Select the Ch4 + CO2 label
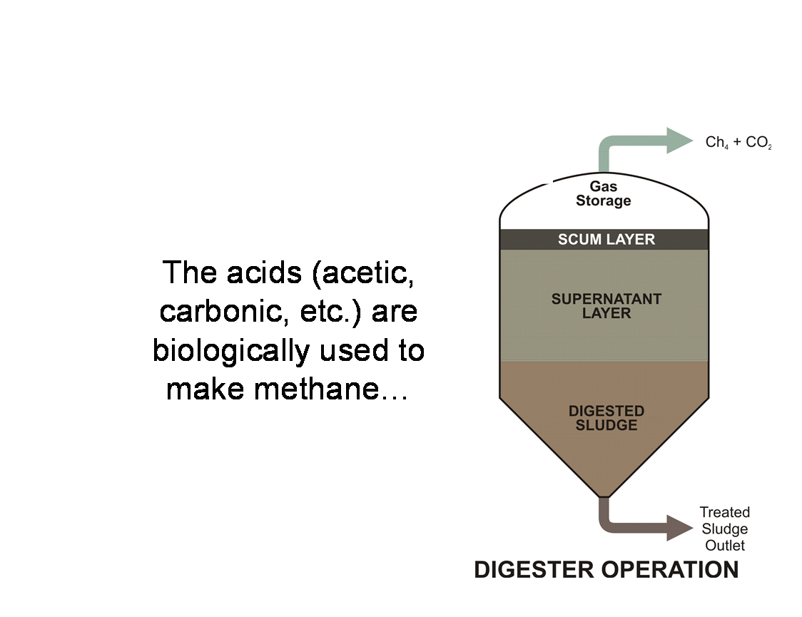738,142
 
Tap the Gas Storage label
604,194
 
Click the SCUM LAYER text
606,239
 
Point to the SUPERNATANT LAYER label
606,306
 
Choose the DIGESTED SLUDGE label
606,418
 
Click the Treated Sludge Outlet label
725,529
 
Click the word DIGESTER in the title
534,569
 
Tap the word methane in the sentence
317,389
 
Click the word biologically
231,351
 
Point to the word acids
264,272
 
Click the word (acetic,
363,273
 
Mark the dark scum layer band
604,239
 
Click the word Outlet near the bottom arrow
725,546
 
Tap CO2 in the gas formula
758,142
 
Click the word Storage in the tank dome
604,201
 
